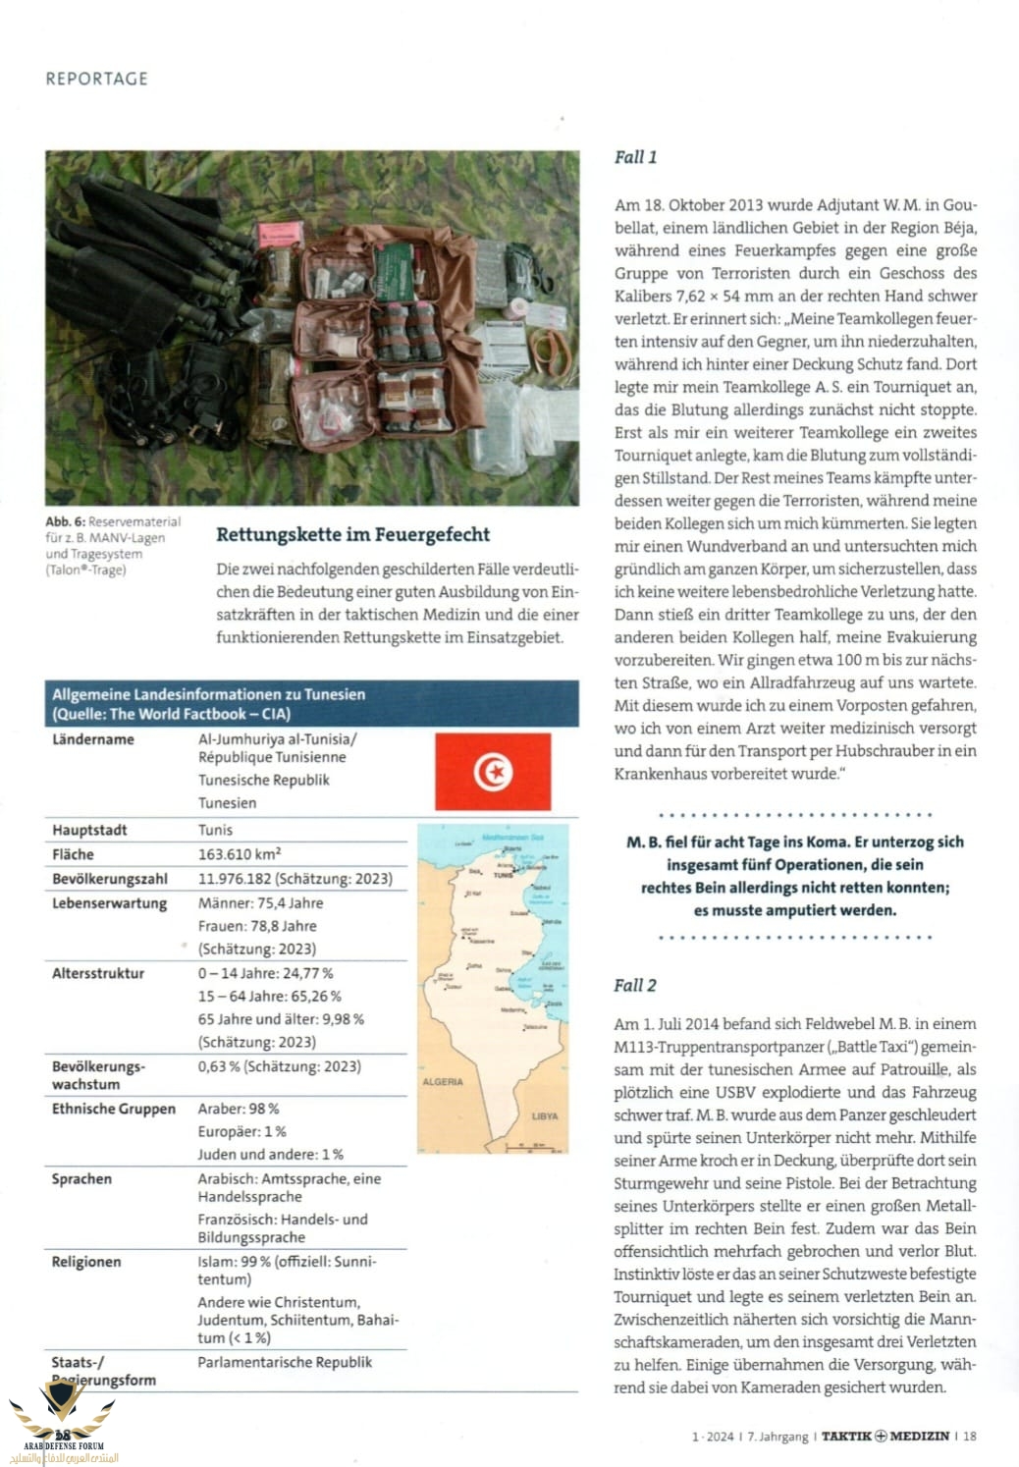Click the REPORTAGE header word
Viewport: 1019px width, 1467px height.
(x=96, y=79)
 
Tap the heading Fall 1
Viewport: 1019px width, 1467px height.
(x=635, y=157)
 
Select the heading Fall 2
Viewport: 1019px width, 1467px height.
(x=635, y=985)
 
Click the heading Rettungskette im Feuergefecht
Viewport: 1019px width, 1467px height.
(x=352, y=534)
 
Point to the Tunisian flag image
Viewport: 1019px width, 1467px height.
(x=492, y=772)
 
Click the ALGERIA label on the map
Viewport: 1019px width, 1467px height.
(x=442, y=1081)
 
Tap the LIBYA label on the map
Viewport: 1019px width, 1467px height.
(x=544, y=1115)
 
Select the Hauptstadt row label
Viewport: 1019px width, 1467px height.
(x=89, y=830)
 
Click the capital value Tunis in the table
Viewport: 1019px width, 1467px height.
(x=215, y=830)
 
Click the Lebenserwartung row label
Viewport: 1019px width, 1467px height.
(x=109, y=903)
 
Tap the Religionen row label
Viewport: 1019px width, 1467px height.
(x=86, y=1262)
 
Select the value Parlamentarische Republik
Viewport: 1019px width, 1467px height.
(x=285, y=1362)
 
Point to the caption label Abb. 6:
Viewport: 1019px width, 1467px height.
(x=65, y=521)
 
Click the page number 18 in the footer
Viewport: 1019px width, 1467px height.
(x=970, y=1436)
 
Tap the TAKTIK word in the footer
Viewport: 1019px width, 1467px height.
(x=846, y=1436)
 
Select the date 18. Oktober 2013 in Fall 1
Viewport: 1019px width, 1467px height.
(x=704, y=205)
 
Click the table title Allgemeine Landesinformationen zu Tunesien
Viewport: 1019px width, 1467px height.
(x=208, y=694)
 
